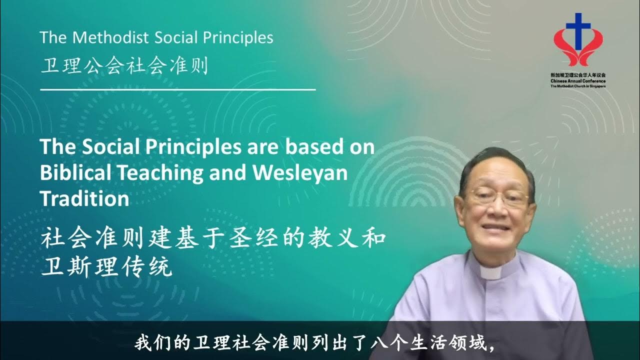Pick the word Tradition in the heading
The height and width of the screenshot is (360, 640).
pos(84,198)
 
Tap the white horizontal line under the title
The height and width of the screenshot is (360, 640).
pos(177,90)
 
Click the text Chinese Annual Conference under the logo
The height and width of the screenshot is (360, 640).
pos(577,80)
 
